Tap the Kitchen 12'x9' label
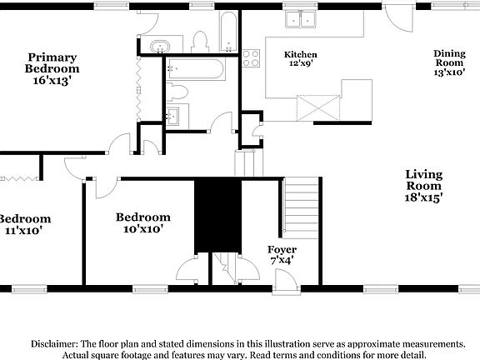[x=301, y=59]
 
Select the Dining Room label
[x=449, y=63]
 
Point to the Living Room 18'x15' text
[x=423, y=186]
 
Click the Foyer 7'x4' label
[x=282, y=255]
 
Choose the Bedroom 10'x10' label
[x=142, y=222]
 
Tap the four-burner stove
[x=251, y=58]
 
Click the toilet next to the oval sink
[x=199, y=41]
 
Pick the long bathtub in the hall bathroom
[x=194, y=70]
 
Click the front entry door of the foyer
[x=286, y=282]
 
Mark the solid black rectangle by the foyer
[x=217, y=215]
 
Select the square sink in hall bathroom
[x=175, y=116]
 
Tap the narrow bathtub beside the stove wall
[x=228, y=32]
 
